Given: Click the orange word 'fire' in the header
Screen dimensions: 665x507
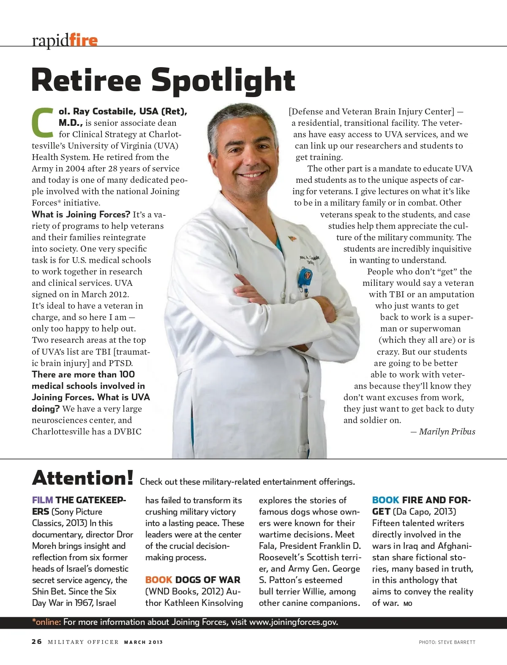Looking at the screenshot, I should (83, 40).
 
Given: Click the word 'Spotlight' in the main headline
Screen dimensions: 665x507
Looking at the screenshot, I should (223, 80).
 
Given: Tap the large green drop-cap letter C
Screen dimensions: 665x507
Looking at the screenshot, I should (43, 123).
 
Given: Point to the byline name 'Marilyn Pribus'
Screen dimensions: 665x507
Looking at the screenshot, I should (447, 432).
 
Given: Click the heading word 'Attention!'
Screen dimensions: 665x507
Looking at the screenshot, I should (83, 478).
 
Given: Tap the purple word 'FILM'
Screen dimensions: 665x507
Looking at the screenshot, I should (42, 500).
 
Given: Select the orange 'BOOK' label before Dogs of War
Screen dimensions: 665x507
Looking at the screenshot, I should (158, 580).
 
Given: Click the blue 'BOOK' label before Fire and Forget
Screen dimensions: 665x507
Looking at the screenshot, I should (385, 500).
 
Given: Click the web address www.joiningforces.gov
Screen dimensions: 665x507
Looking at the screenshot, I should (293, 622).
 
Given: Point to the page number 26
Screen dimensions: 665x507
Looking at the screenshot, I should (37, 641).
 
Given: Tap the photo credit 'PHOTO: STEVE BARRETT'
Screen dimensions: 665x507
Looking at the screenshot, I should (447, 642).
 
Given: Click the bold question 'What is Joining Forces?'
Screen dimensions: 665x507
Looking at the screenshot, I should (81, 214).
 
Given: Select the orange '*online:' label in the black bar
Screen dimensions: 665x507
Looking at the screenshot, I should (46, 622).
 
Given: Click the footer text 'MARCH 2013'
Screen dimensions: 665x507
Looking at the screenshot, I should (143, 642).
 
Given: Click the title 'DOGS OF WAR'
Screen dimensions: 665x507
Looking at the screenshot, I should (207, 580).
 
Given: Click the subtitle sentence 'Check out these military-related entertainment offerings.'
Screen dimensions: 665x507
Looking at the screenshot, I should (247, 482).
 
